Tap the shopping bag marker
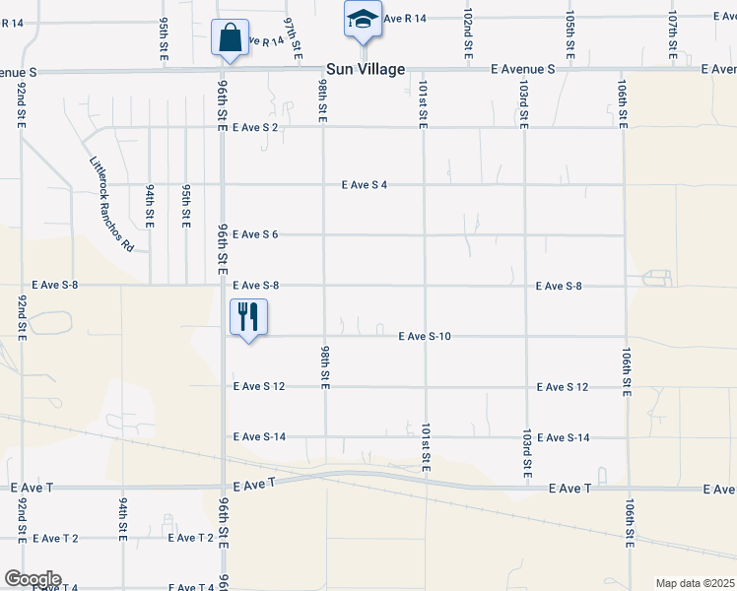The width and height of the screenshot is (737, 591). [x=230, y=39]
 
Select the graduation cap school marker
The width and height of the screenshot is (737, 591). [x=362, y=20]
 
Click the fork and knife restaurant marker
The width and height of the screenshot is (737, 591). [x=248, y=317]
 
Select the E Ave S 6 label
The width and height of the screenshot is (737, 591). [x=256, y=234]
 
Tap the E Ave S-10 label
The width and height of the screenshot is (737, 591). [x=425, y=337]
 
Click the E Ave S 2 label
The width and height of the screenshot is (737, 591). [x=256, y=128]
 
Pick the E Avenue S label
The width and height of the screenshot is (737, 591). [x=523, y=69]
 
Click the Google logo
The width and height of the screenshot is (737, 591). [x=32, y=579]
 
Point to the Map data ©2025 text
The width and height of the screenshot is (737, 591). [x=695, y=583]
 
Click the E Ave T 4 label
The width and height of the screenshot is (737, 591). [x=192, y=588]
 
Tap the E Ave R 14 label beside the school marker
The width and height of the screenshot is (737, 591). [x=404, y=19]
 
